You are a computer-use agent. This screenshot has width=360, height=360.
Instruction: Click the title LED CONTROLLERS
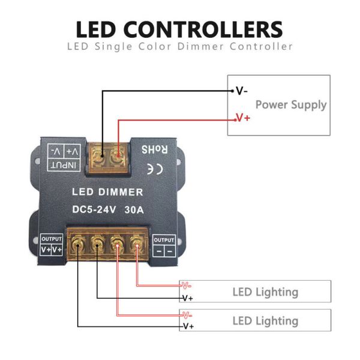[x=179, y=29]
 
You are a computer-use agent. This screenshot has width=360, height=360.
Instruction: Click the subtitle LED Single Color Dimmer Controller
[x=179, y=46]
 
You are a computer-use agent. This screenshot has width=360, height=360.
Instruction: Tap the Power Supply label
[x=291, y=104]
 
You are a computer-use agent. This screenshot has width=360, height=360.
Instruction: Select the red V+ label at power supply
[x=243, y=118]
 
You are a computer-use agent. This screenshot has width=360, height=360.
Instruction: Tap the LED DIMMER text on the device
[x=107, y=192]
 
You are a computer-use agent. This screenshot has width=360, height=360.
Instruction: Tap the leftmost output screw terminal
[x=77, y=245]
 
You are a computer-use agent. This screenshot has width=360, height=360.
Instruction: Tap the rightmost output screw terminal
[x=137, y=245]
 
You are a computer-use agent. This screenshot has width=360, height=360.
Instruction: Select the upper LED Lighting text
[x=265, y=292]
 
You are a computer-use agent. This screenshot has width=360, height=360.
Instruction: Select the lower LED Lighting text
[x=265, y=321]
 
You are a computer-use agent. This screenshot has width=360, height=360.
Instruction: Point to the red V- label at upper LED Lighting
[x=187, y=286]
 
